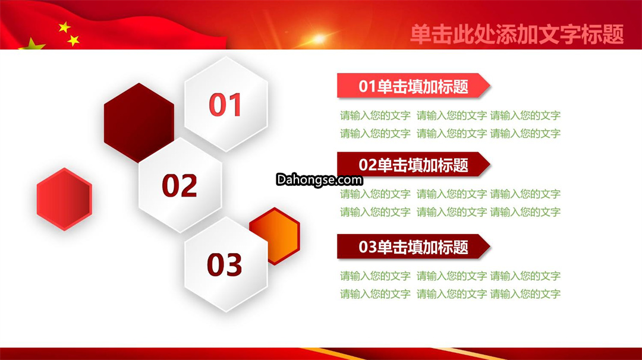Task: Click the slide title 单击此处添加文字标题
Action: click(517, 34)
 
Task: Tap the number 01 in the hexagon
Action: click(225, 105)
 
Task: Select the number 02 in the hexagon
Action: click(180, 185)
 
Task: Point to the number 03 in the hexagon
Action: click(224, 264)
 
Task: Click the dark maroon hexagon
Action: click(139, 123)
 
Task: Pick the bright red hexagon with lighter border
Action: click(64, 199)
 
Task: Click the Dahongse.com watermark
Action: click(319, 180)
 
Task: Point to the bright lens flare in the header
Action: click(319, 39)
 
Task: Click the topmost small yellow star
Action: click(64, 27)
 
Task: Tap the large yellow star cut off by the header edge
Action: click(32, 45)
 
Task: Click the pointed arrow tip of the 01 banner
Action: click(490, 86)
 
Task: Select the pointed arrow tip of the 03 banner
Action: click(490, 247)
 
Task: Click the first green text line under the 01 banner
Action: click(450, 116)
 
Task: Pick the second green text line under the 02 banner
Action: click(450, 212)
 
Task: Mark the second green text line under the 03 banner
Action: click(450, 293)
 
